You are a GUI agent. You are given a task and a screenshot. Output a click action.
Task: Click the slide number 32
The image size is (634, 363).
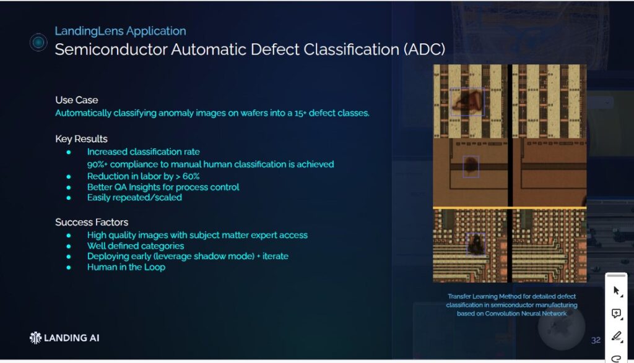596,340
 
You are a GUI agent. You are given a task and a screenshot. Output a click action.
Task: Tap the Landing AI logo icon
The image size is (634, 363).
35,338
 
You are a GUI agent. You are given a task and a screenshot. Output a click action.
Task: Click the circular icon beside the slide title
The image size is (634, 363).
38,43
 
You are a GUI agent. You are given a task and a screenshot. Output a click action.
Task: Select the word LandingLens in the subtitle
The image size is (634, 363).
89,31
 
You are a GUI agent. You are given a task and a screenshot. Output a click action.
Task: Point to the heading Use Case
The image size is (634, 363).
76,100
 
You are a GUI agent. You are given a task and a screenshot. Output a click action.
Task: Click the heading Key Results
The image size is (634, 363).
81,139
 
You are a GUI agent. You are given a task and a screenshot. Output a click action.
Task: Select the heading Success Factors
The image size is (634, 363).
92,222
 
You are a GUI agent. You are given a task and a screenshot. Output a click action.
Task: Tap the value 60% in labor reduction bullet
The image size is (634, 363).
191,176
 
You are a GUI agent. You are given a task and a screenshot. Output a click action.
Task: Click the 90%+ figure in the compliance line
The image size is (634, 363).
97,164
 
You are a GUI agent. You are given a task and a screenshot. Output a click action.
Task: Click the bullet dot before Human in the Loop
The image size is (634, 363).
69,267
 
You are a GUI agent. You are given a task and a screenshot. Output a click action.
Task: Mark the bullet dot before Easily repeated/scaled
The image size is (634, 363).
69,198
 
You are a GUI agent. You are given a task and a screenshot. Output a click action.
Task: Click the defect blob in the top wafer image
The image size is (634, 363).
467,101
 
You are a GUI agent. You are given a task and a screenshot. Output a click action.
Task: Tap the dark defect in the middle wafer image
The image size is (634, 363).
471,166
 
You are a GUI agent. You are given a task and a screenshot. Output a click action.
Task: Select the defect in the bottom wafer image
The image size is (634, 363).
476,244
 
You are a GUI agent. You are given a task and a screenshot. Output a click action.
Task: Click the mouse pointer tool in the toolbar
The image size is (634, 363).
617,291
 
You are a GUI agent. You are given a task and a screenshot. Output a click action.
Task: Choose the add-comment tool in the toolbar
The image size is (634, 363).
617,314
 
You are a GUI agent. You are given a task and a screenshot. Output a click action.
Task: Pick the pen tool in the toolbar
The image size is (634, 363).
617,336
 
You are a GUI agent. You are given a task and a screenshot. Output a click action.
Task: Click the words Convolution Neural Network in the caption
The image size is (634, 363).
526,314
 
